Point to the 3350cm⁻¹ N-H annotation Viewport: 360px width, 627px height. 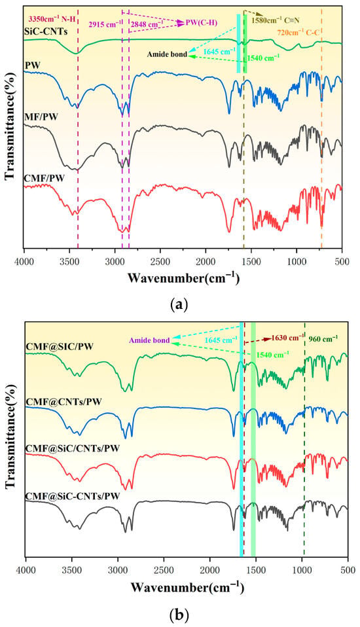point(52,18)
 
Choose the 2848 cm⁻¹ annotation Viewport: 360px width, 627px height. point(147,24)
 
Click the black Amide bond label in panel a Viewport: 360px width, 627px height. point(167,54)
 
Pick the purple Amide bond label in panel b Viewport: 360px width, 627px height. point(149,341)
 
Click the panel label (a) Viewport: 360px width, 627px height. point(179,305)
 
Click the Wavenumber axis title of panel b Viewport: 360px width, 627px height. point(187,588)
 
